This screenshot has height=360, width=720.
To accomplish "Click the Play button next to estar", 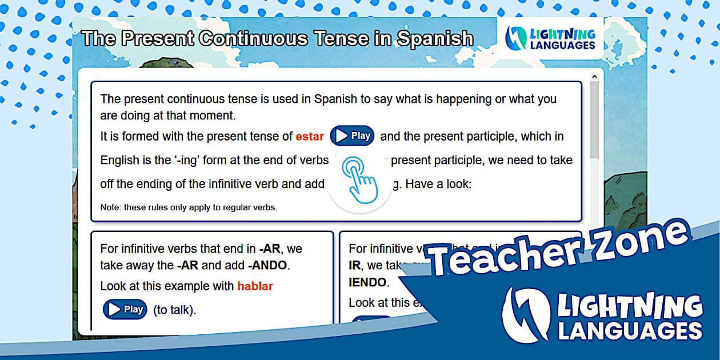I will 352,136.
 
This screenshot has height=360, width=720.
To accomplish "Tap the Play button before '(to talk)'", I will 125,310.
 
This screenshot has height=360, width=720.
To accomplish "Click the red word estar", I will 310,137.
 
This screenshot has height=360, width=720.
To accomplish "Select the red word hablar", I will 255,286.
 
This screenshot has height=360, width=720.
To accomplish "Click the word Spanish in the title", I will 435,39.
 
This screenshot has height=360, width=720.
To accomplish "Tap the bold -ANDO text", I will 269,265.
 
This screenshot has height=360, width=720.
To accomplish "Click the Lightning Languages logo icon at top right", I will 517,38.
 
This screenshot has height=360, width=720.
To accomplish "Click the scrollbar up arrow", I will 594,76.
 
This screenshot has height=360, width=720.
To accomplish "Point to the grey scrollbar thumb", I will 594,120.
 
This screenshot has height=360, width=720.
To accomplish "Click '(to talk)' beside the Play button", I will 174,310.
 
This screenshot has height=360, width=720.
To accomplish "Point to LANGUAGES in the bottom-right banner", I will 630,331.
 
